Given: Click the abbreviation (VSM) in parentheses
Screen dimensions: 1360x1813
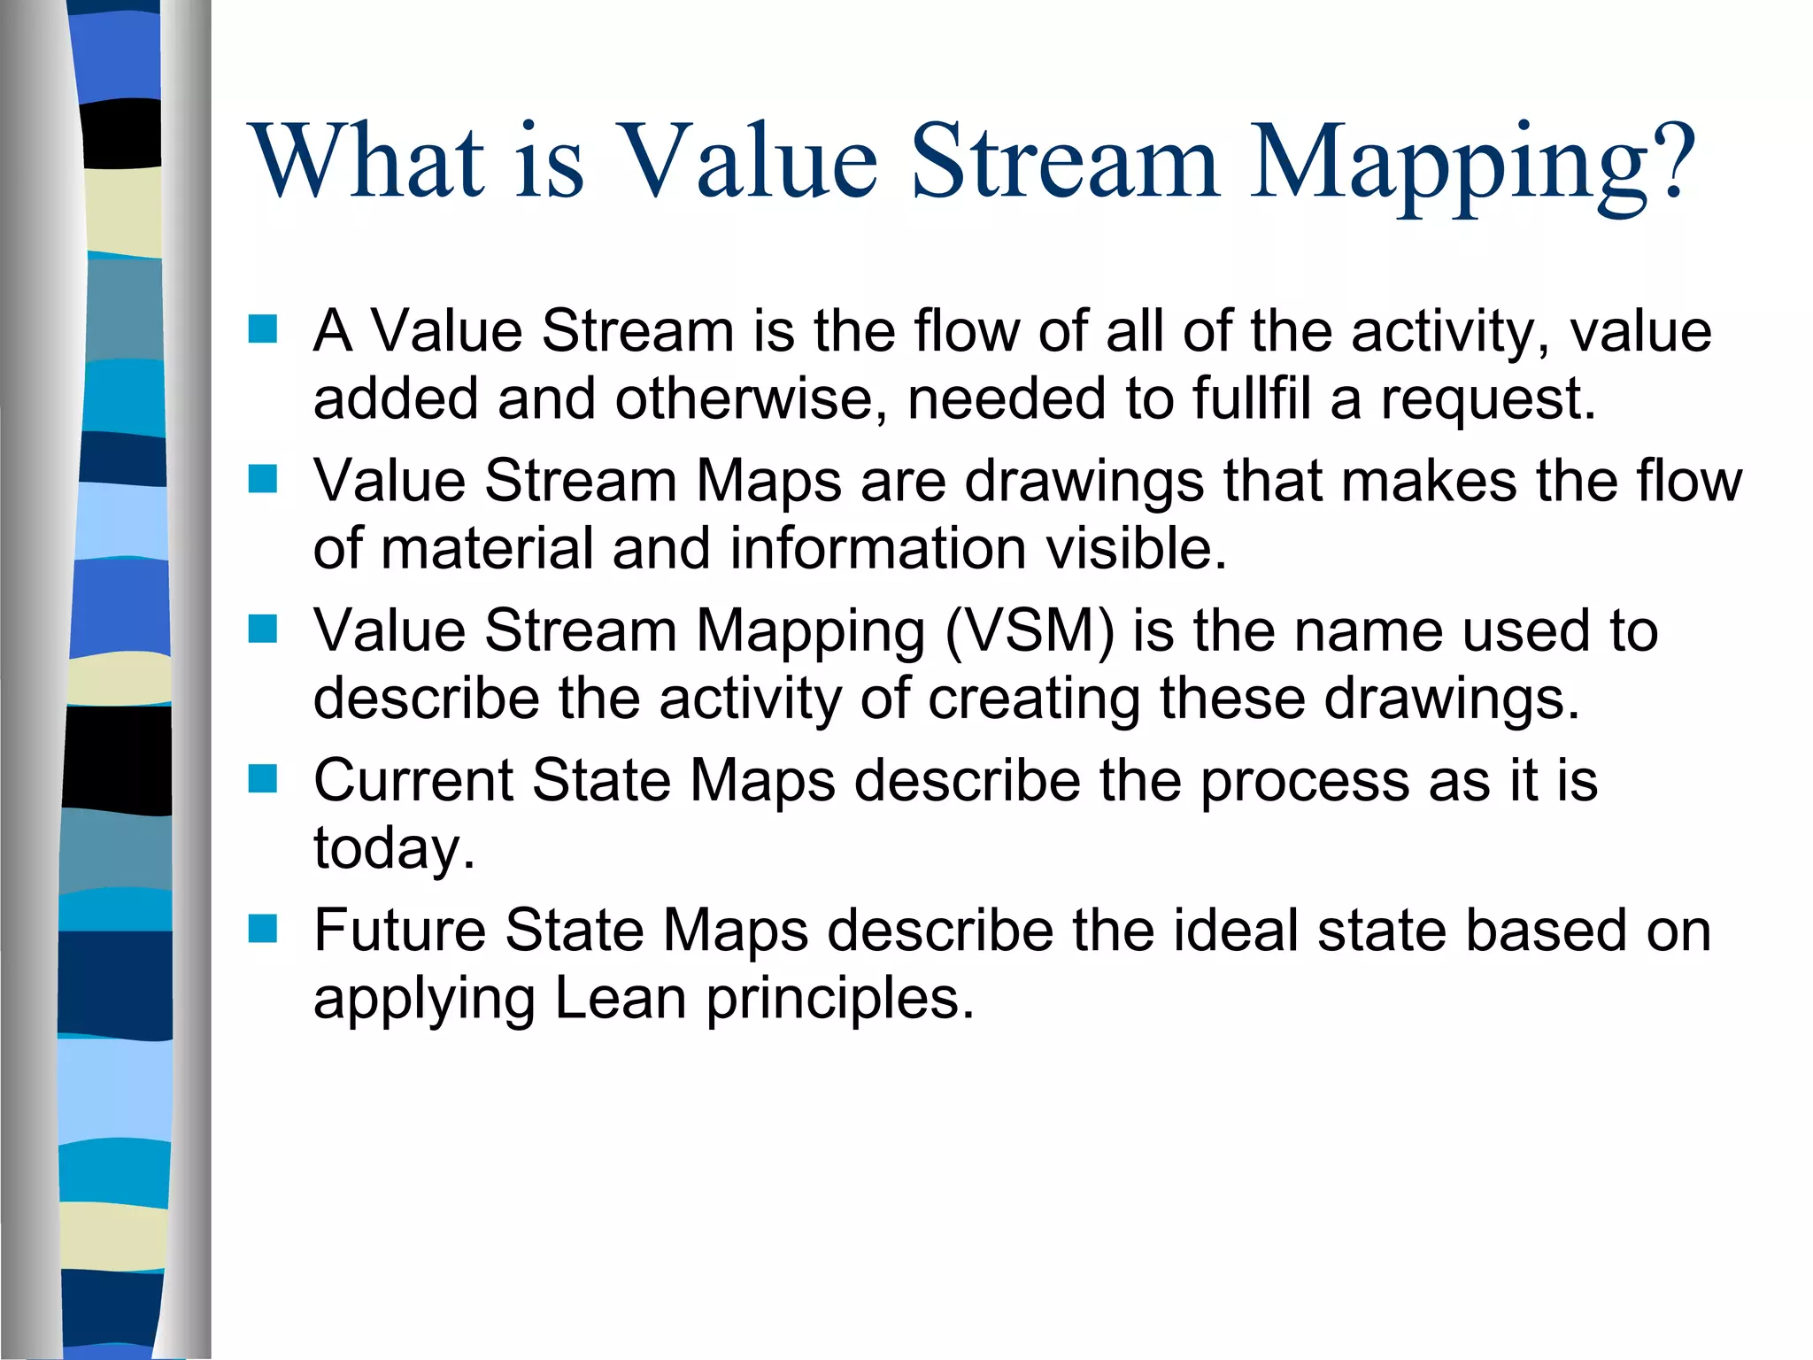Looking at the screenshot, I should (x=1030, y=632).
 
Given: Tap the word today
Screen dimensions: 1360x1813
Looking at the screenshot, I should (x=394, y=849).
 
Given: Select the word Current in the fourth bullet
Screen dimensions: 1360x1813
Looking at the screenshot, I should (x=413, y=781).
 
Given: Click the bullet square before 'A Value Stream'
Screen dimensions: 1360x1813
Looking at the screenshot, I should (x=263, y=329).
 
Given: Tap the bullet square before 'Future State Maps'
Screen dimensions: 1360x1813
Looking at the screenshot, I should (x=263, y=929).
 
